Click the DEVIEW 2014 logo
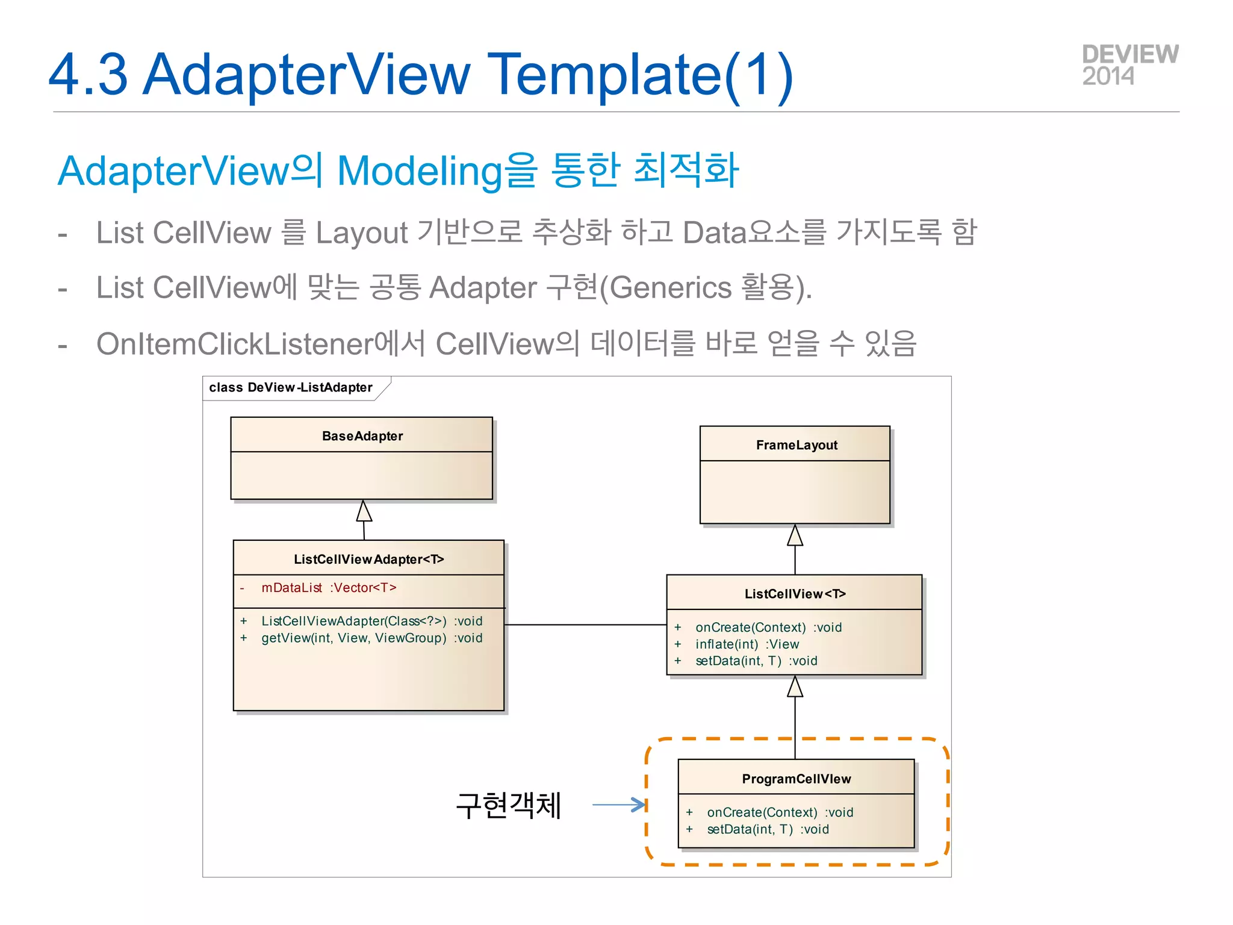[1129, 65]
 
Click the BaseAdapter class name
[362, 436]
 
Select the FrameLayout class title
[796, 445]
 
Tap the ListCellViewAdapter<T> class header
[368, 559]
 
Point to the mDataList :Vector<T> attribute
[328, 588]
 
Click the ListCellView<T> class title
[795, 594]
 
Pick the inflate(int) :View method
[747, 644]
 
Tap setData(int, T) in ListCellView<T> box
[756, 661]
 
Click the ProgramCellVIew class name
[796, 779]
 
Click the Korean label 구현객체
[509, 806]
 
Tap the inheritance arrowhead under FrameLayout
[795, 535]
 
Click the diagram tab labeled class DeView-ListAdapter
[291, 388]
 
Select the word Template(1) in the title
[642, 75]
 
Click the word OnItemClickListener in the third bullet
[235, 344]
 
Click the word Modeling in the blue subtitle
[420, 171]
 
